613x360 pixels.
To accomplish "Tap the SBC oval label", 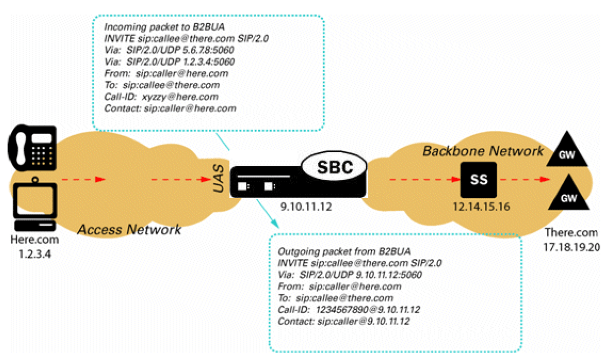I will [x=334, y=167].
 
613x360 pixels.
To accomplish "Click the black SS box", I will [x=479, y=180].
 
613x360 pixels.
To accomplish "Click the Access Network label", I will [x=129, y=230].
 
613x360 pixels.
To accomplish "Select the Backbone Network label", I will [x=483, y=150].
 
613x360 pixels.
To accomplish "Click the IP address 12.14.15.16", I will [x=479, y=207].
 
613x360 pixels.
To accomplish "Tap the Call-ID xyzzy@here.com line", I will [x=161, y=96].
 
